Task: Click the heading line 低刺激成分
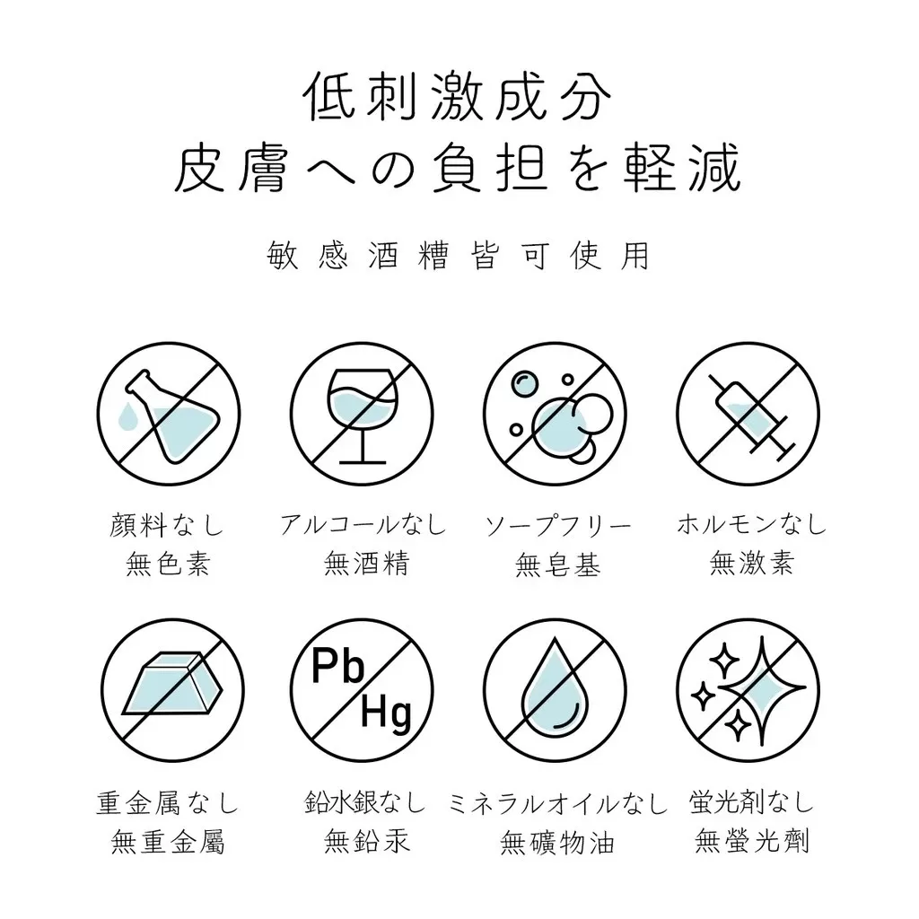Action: point(458,97)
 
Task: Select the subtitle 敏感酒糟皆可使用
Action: point(458,256)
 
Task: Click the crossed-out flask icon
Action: point(169,414)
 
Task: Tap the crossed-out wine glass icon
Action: point(362,414)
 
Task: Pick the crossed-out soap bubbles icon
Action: point(555,414)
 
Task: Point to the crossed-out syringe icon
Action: point(748,414)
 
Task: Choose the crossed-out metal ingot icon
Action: point(172,690)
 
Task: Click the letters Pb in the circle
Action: point(337,666)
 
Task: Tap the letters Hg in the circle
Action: point(386,714)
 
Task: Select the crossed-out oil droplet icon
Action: point(555,690)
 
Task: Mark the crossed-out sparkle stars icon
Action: point(748,690)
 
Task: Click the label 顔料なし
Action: point(167,524)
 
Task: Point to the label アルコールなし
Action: point(363,524)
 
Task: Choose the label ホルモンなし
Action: point(751,524)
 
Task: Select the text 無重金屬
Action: point(168,843)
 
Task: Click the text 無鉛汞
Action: point(366,842)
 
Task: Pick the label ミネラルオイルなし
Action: point(558,803)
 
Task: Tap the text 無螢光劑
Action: point(752,842)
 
